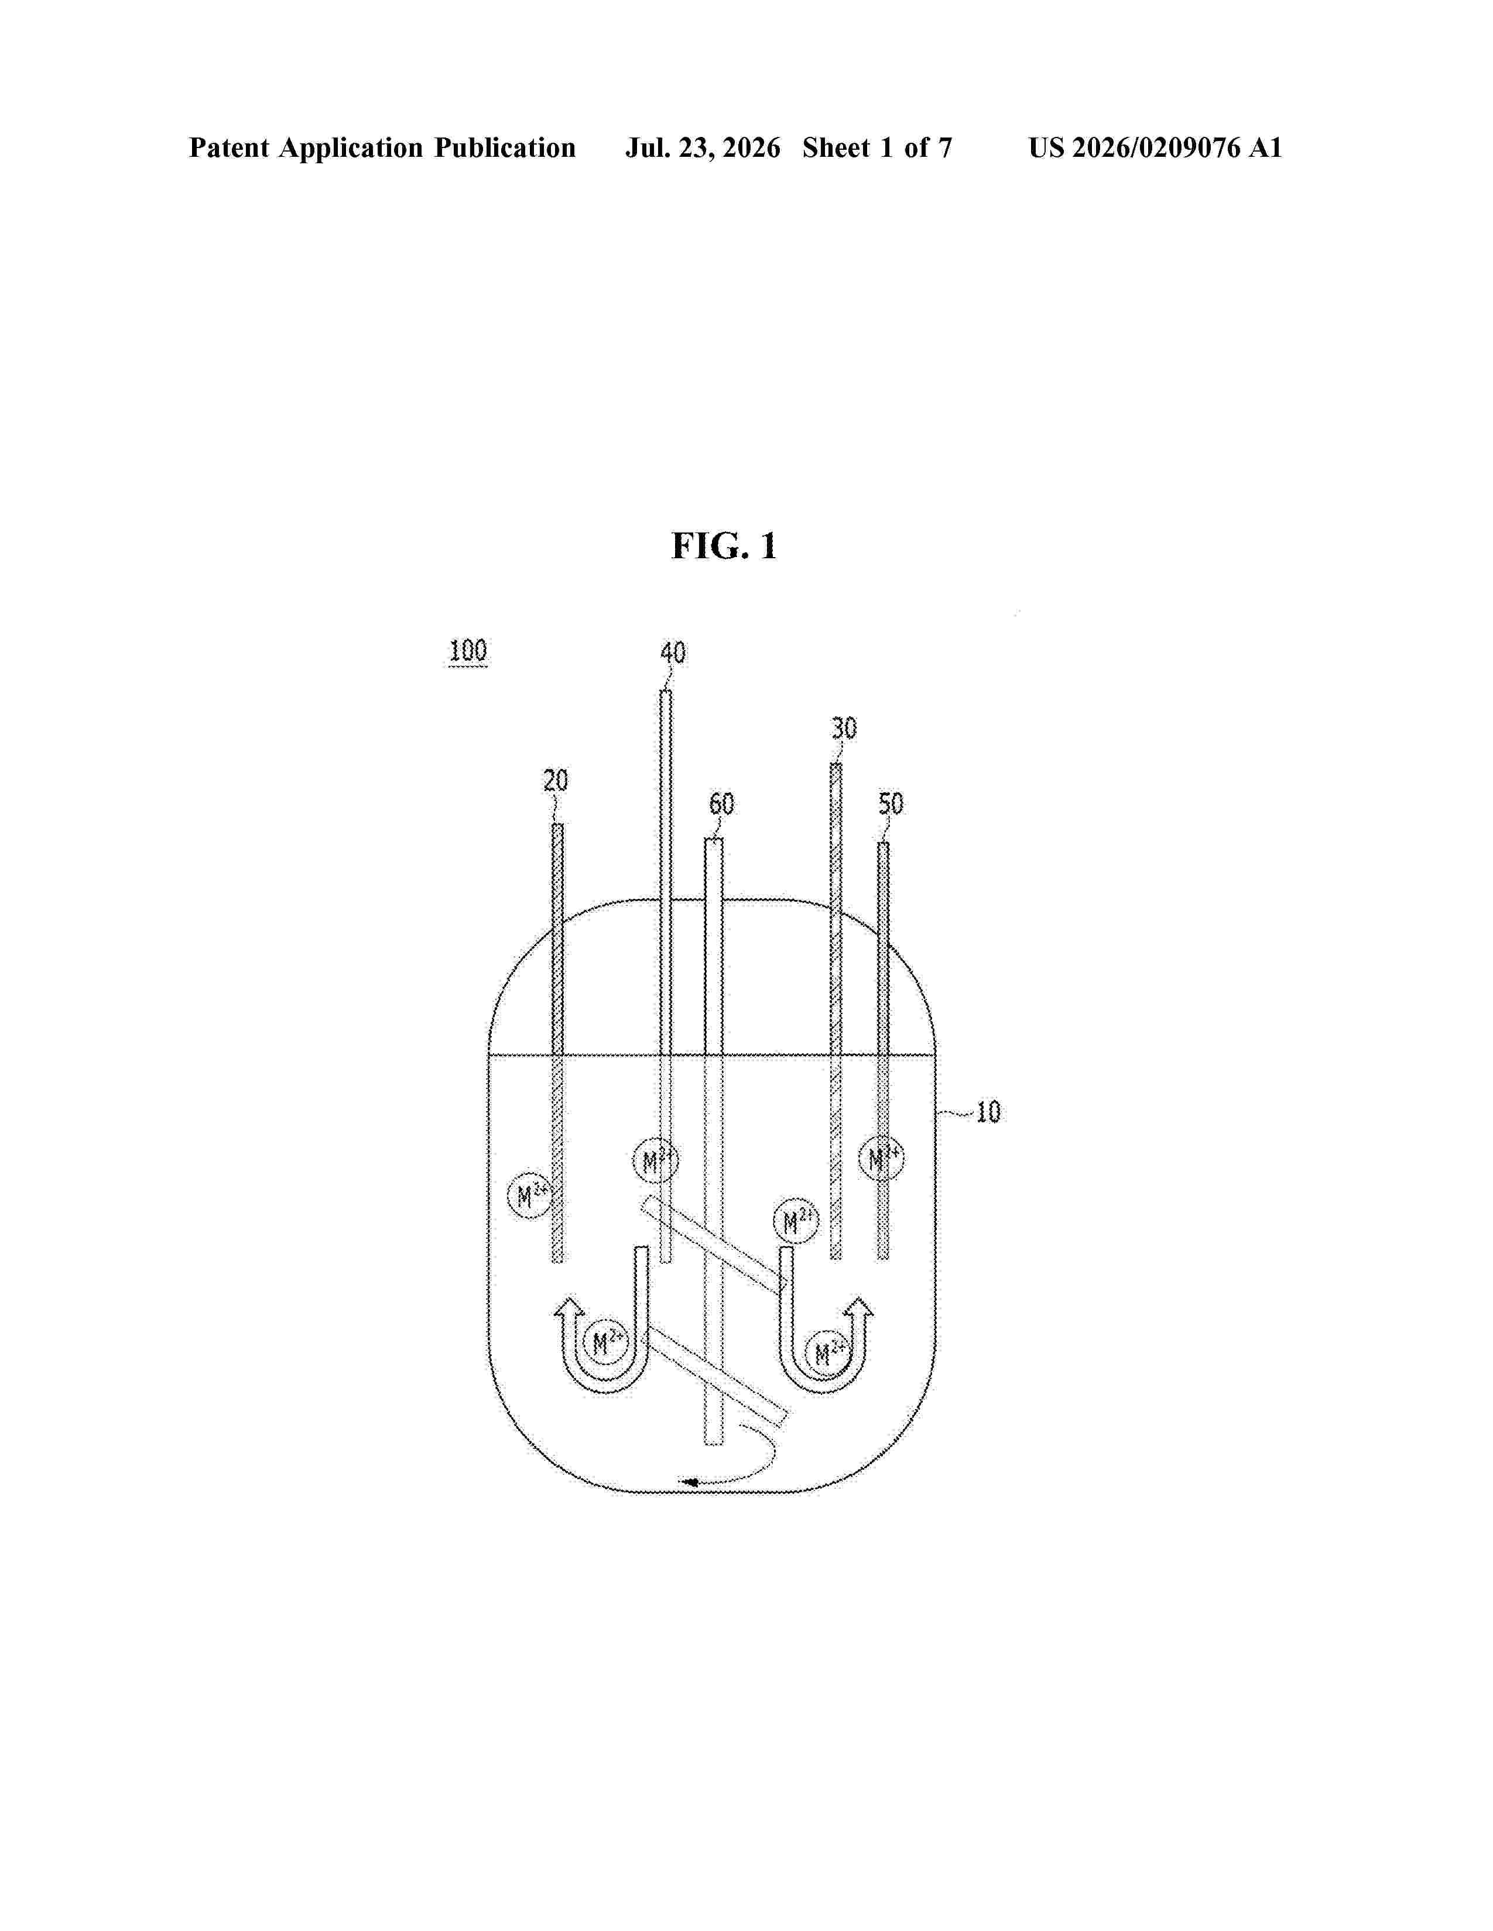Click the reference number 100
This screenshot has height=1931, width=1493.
(468, 651)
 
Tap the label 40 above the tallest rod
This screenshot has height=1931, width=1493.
(673, 654)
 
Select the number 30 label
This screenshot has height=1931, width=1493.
(844, 729)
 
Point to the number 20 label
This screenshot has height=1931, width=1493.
(556, 780)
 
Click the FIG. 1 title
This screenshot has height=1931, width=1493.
(724, 547)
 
